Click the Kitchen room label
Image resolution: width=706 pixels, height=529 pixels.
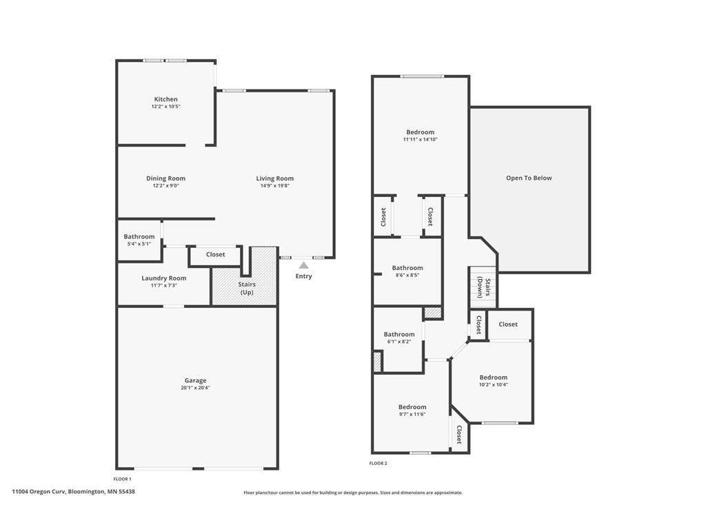coord(165,99)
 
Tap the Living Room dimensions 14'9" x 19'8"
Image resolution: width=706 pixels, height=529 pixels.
coord(274,186)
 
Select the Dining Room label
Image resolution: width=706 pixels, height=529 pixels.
coord(165,178)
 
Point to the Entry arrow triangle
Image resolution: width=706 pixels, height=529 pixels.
coord(304,265)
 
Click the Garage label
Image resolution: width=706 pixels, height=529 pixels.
coord(195,380)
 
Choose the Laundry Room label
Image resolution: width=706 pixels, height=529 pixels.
coord(164,278)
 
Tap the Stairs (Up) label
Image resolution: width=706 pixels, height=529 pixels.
coord(247,289)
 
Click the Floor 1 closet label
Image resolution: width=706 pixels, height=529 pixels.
coord(216,255)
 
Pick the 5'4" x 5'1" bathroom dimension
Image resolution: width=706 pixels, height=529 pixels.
coord(139,244)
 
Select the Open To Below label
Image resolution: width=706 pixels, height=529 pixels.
coord(529,178)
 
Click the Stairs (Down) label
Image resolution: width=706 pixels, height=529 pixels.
coord(483,288)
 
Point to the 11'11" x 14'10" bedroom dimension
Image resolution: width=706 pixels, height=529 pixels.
coord(420,139)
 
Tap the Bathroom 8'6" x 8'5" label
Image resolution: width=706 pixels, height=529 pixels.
coord(407,268)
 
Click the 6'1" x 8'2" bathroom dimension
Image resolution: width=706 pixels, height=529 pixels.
coord(399,342)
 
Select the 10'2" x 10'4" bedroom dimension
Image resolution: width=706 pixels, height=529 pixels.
coord(494,384)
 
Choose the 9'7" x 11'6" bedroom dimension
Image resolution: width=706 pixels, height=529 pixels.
coord(412,414)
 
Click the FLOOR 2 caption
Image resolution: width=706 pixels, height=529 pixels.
coord(379,464)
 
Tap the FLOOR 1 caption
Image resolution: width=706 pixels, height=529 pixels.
coord(123,479)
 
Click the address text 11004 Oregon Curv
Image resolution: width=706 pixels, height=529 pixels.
coord(39,492)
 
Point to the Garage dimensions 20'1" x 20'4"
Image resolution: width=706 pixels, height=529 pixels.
coord(195,388)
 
